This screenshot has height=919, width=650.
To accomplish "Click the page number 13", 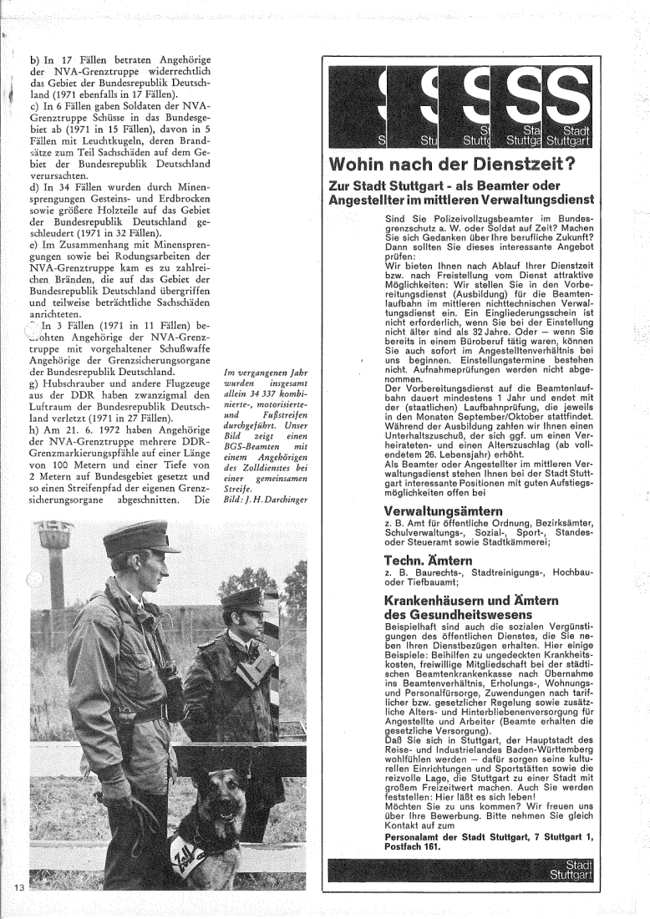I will [19, 885].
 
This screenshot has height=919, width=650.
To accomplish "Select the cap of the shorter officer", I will [244, 598].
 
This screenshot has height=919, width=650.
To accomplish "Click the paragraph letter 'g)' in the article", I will [34, 393].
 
